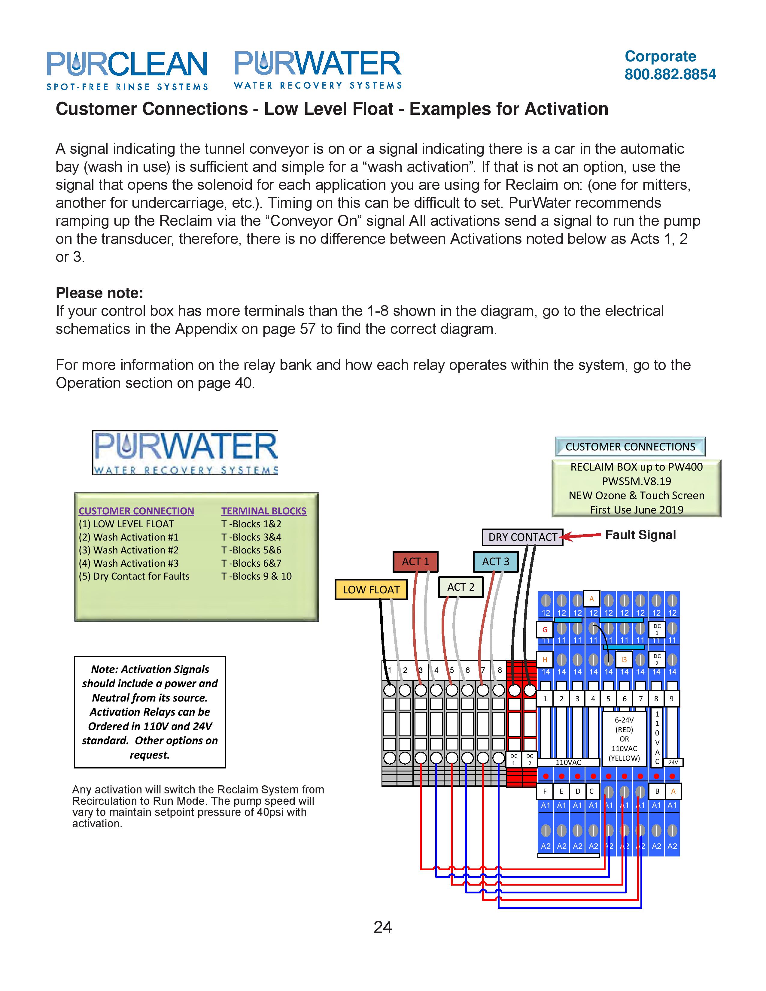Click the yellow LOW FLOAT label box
coord(371,589)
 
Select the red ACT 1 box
coord(415,561)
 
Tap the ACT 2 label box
coord(461,587)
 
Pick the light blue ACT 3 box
coord(495,561)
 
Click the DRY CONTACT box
coord(522,537)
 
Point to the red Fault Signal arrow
coord(581,536)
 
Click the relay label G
coord(545,629)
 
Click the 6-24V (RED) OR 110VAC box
coord(624,739)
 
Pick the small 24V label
coord(673,762)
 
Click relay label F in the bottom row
coord(545,791)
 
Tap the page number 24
coord(382,927)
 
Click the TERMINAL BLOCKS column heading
coord(264,511)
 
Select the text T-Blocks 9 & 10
coord(257,576)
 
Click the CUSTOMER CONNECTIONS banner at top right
coord(630,447)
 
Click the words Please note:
coord(99,293)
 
